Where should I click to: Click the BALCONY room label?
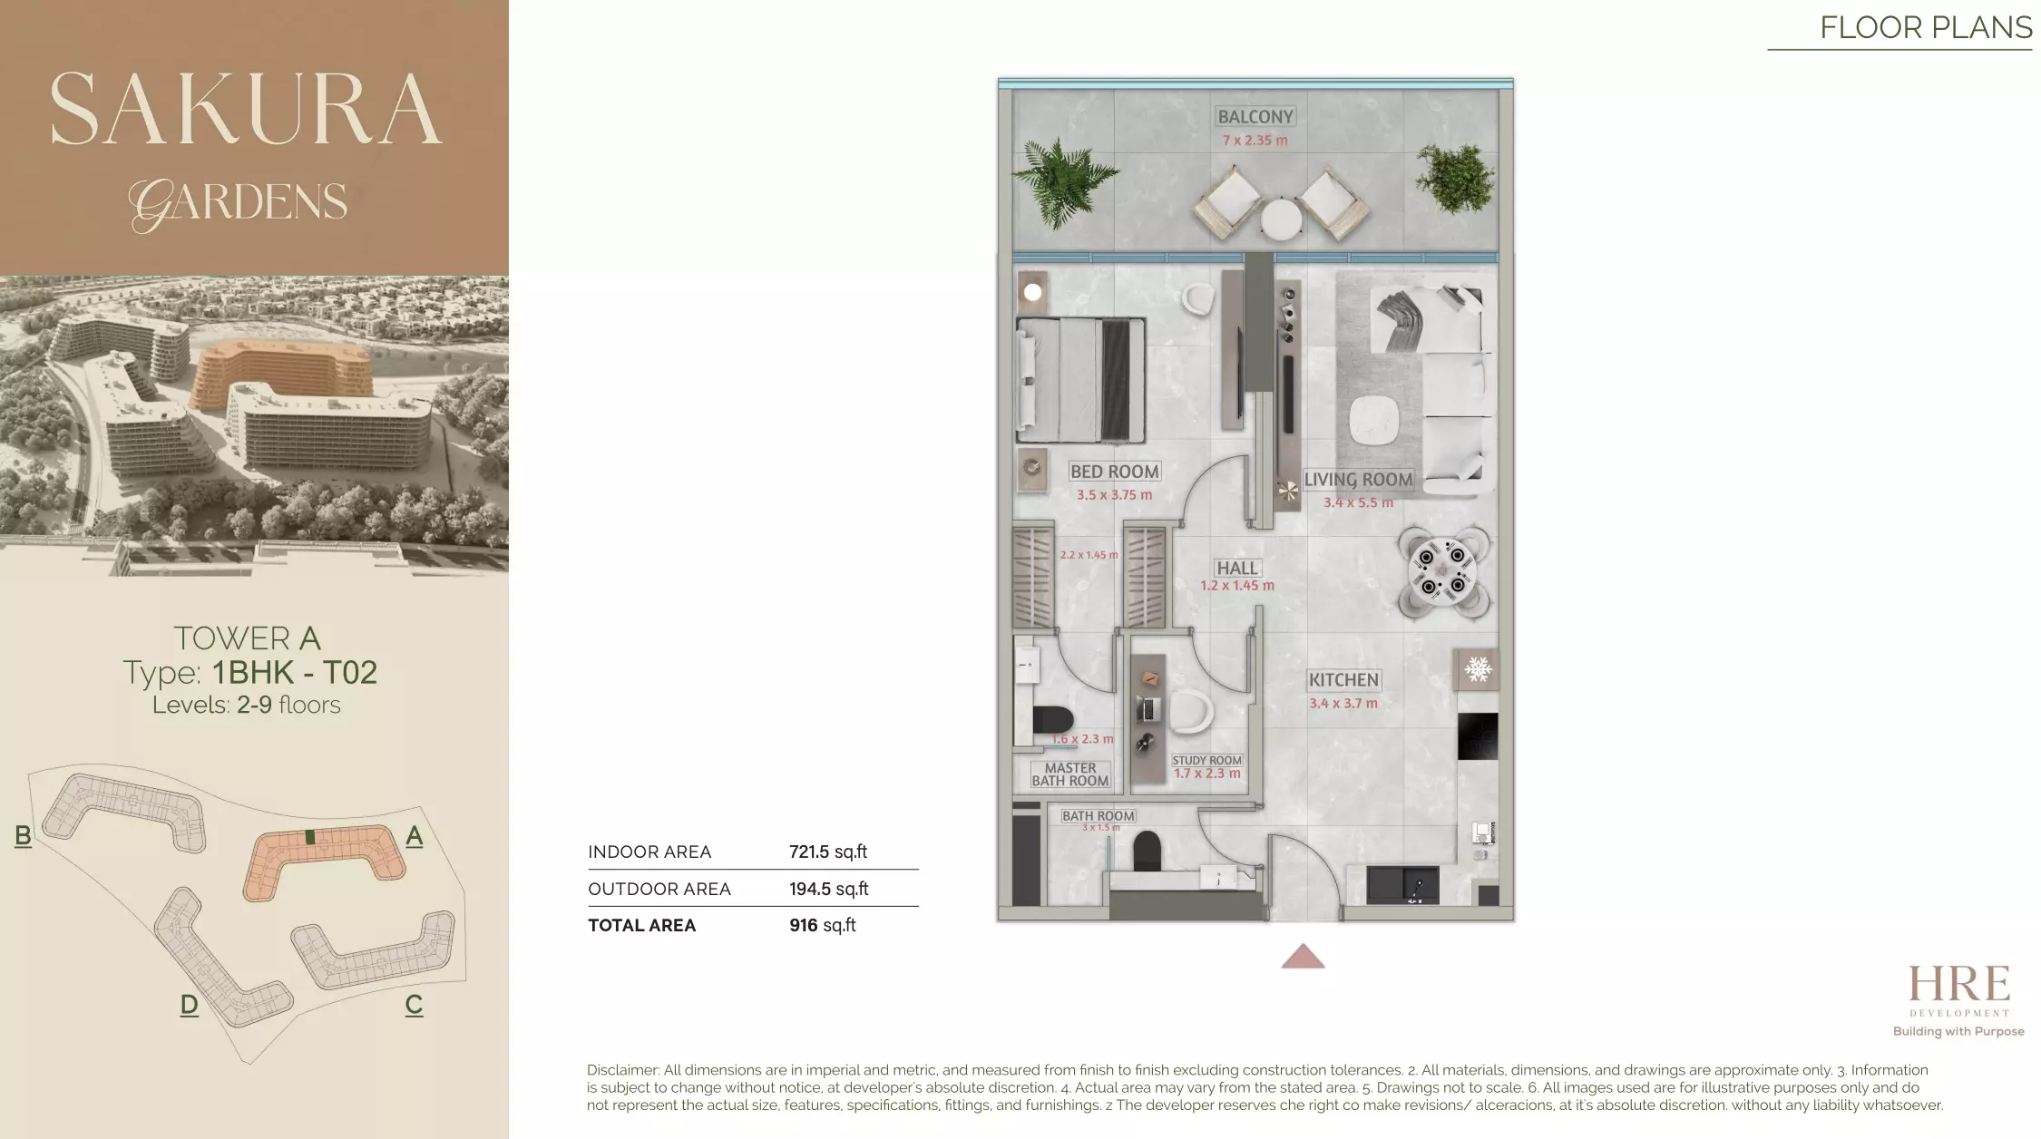point(1255,117)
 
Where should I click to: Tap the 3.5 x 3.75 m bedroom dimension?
point(1114,495)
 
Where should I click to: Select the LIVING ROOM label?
point(1358,480)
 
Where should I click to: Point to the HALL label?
point(1237,569)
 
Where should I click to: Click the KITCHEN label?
point(1343,680)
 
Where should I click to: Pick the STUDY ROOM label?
point(1206,761)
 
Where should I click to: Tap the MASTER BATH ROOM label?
point(1070,774)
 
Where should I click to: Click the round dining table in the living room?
point(1442,571)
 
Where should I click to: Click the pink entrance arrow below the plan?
point(1303,958)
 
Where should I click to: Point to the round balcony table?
point(1280,219)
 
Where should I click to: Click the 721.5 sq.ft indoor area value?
point(827,852)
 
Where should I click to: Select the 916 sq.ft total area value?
point(822,926)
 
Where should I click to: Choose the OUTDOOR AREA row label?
point(659,890)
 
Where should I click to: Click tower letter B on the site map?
point(24,836)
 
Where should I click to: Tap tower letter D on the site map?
point(189,1005)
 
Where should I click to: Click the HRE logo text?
point(1958,985)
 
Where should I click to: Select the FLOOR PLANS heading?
point(1925,28)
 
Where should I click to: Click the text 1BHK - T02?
point(295,673)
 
